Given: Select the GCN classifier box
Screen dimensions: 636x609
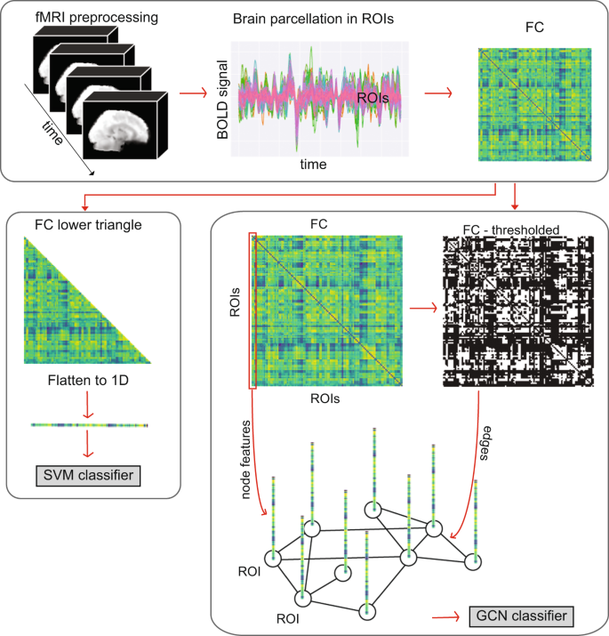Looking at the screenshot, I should (517, 615).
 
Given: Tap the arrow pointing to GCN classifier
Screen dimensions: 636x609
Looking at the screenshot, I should (445, 615).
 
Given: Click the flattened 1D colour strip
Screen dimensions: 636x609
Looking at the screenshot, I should (89, 424).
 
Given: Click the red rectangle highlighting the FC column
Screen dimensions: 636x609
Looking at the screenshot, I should (253, 310).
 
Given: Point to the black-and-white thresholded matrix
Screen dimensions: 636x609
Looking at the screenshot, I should (515, 311).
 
